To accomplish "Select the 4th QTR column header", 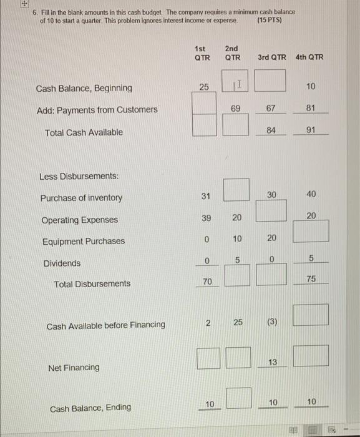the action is [310, 57].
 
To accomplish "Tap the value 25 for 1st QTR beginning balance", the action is [204, 87].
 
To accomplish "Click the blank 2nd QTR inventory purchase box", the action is [235, 190].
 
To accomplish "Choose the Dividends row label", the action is [61, 263].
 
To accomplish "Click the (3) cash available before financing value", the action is [271, 322].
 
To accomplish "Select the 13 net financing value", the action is [272, 363].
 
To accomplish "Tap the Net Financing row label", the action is [74, 368].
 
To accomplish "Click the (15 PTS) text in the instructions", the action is [270, 21].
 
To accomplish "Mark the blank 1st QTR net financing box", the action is [206, 356].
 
